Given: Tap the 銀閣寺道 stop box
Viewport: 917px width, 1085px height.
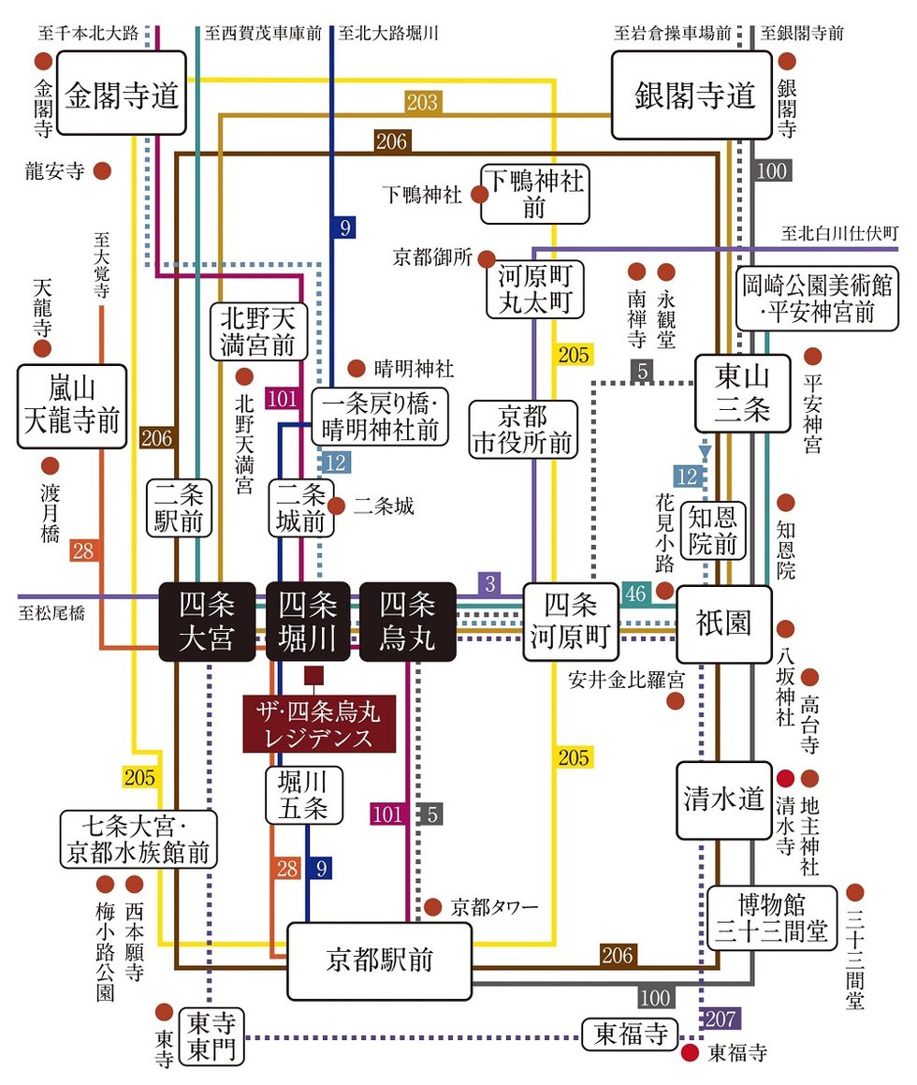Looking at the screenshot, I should [693, 95].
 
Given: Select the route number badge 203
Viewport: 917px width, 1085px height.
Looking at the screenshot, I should [422, 102].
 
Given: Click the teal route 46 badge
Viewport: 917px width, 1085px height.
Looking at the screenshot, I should [636, 593].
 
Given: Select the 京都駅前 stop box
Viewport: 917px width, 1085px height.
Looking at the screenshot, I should [379, 960].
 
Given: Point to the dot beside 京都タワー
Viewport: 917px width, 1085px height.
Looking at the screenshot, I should [432, 906].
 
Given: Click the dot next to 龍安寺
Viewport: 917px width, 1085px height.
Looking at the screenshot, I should [103, 171].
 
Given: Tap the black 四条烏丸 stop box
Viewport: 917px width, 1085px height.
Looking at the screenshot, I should [408, 621].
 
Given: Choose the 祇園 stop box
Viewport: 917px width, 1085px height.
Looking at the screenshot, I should [724, 623].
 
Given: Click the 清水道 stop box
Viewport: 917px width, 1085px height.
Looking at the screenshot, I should [724, 800].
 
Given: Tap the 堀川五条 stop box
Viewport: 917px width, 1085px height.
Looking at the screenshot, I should [304, 796].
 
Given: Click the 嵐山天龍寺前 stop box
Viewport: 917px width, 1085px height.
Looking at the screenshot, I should [72, 406].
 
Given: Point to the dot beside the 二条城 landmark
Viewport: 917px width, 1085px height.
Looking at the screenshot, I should [338, 506].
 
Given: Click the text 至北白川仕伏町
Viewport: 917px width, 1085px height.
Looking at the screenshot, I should [839, 232].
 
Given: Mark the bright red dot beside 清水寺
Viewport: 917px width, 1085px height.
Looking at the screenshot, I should [787, 778].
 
